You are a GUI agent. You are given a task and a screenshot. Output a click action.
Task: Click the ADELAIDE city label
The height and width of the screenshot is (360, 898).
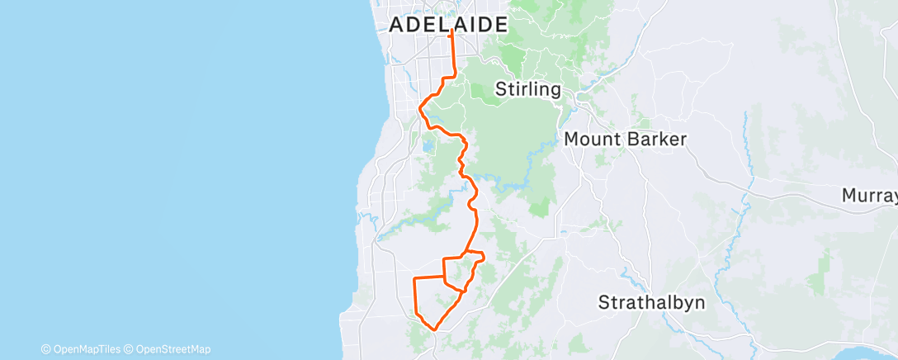click(x=447, y=25)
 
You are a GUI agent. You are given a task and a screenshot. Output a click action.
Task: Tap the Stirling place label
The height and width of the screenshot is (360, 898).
click(x=528, y=89)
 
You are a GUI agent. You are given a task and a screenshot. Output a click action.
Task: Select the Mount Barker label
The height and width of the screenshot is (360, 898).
click(x=625, y=140)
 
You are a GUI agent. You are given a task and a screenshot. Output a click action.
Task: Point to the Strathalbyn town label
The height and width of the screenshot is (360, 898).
click(x=652, y=301)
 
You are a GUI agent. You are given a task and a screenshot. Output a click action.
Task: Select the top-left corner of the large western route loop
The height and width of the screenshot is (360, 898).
click(x=414, y=280)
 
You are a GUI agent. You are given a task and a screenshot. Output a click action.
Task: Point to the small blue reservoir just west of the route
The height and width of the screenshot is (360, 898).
click(x=427, y=148)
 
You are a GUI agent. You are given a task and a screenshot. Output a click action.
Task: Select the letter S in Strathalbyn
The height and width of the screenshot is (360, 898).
click(x=604, y=301)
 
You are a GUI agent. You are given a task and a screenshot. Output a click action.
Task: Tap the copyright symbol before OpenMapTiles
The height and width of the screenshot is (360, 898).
click(x=45, y=349)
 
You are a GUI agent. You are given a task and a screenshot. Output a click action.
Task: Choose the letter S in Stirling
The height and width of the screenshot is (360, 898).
click(x=500, y=89)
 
